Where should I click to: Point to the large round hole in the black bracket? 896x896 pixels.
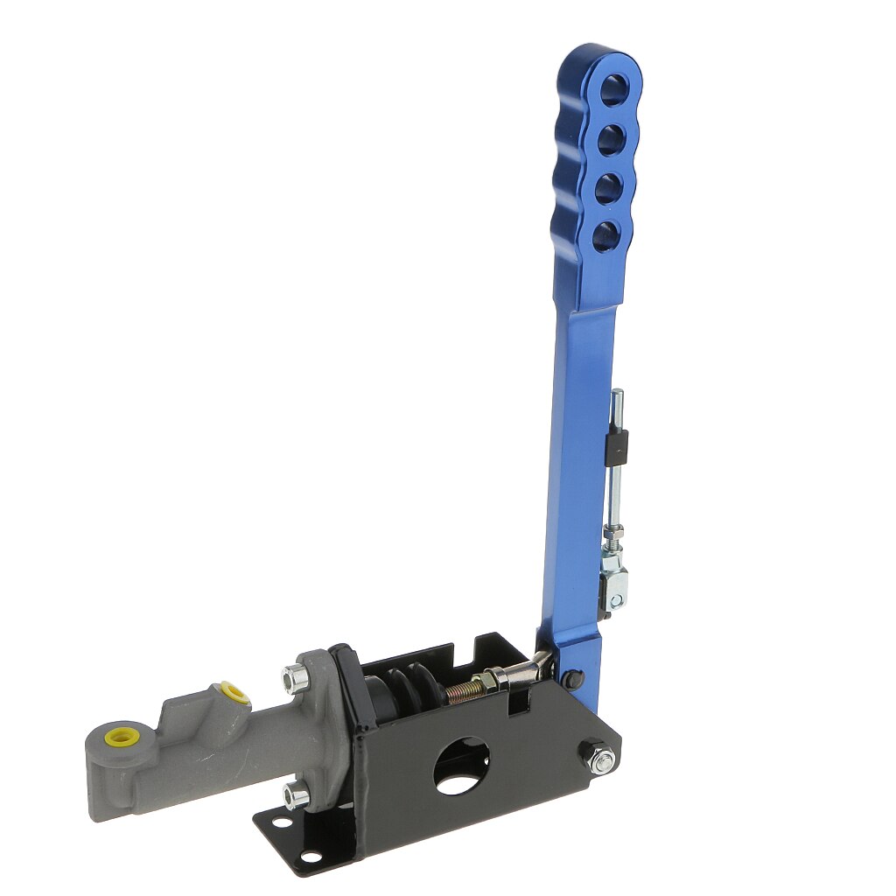(463, 766)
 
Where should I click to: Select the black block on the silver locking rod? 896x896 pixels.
(618, 447)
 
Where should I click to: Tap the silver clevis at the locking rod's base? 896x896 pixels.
(615, 582)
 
